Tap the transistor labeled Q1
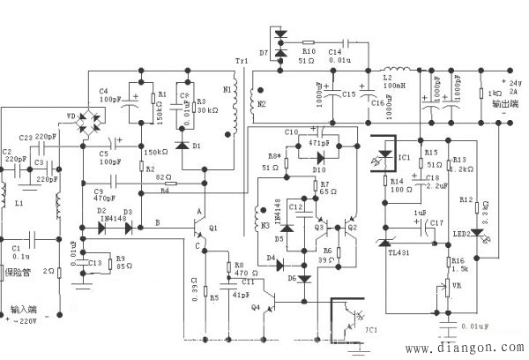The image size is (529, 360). tap(196, 226)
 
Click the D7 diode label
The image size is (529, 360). tap(264, 53)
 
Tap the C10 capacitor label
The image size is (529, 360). tap(292, 132)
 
